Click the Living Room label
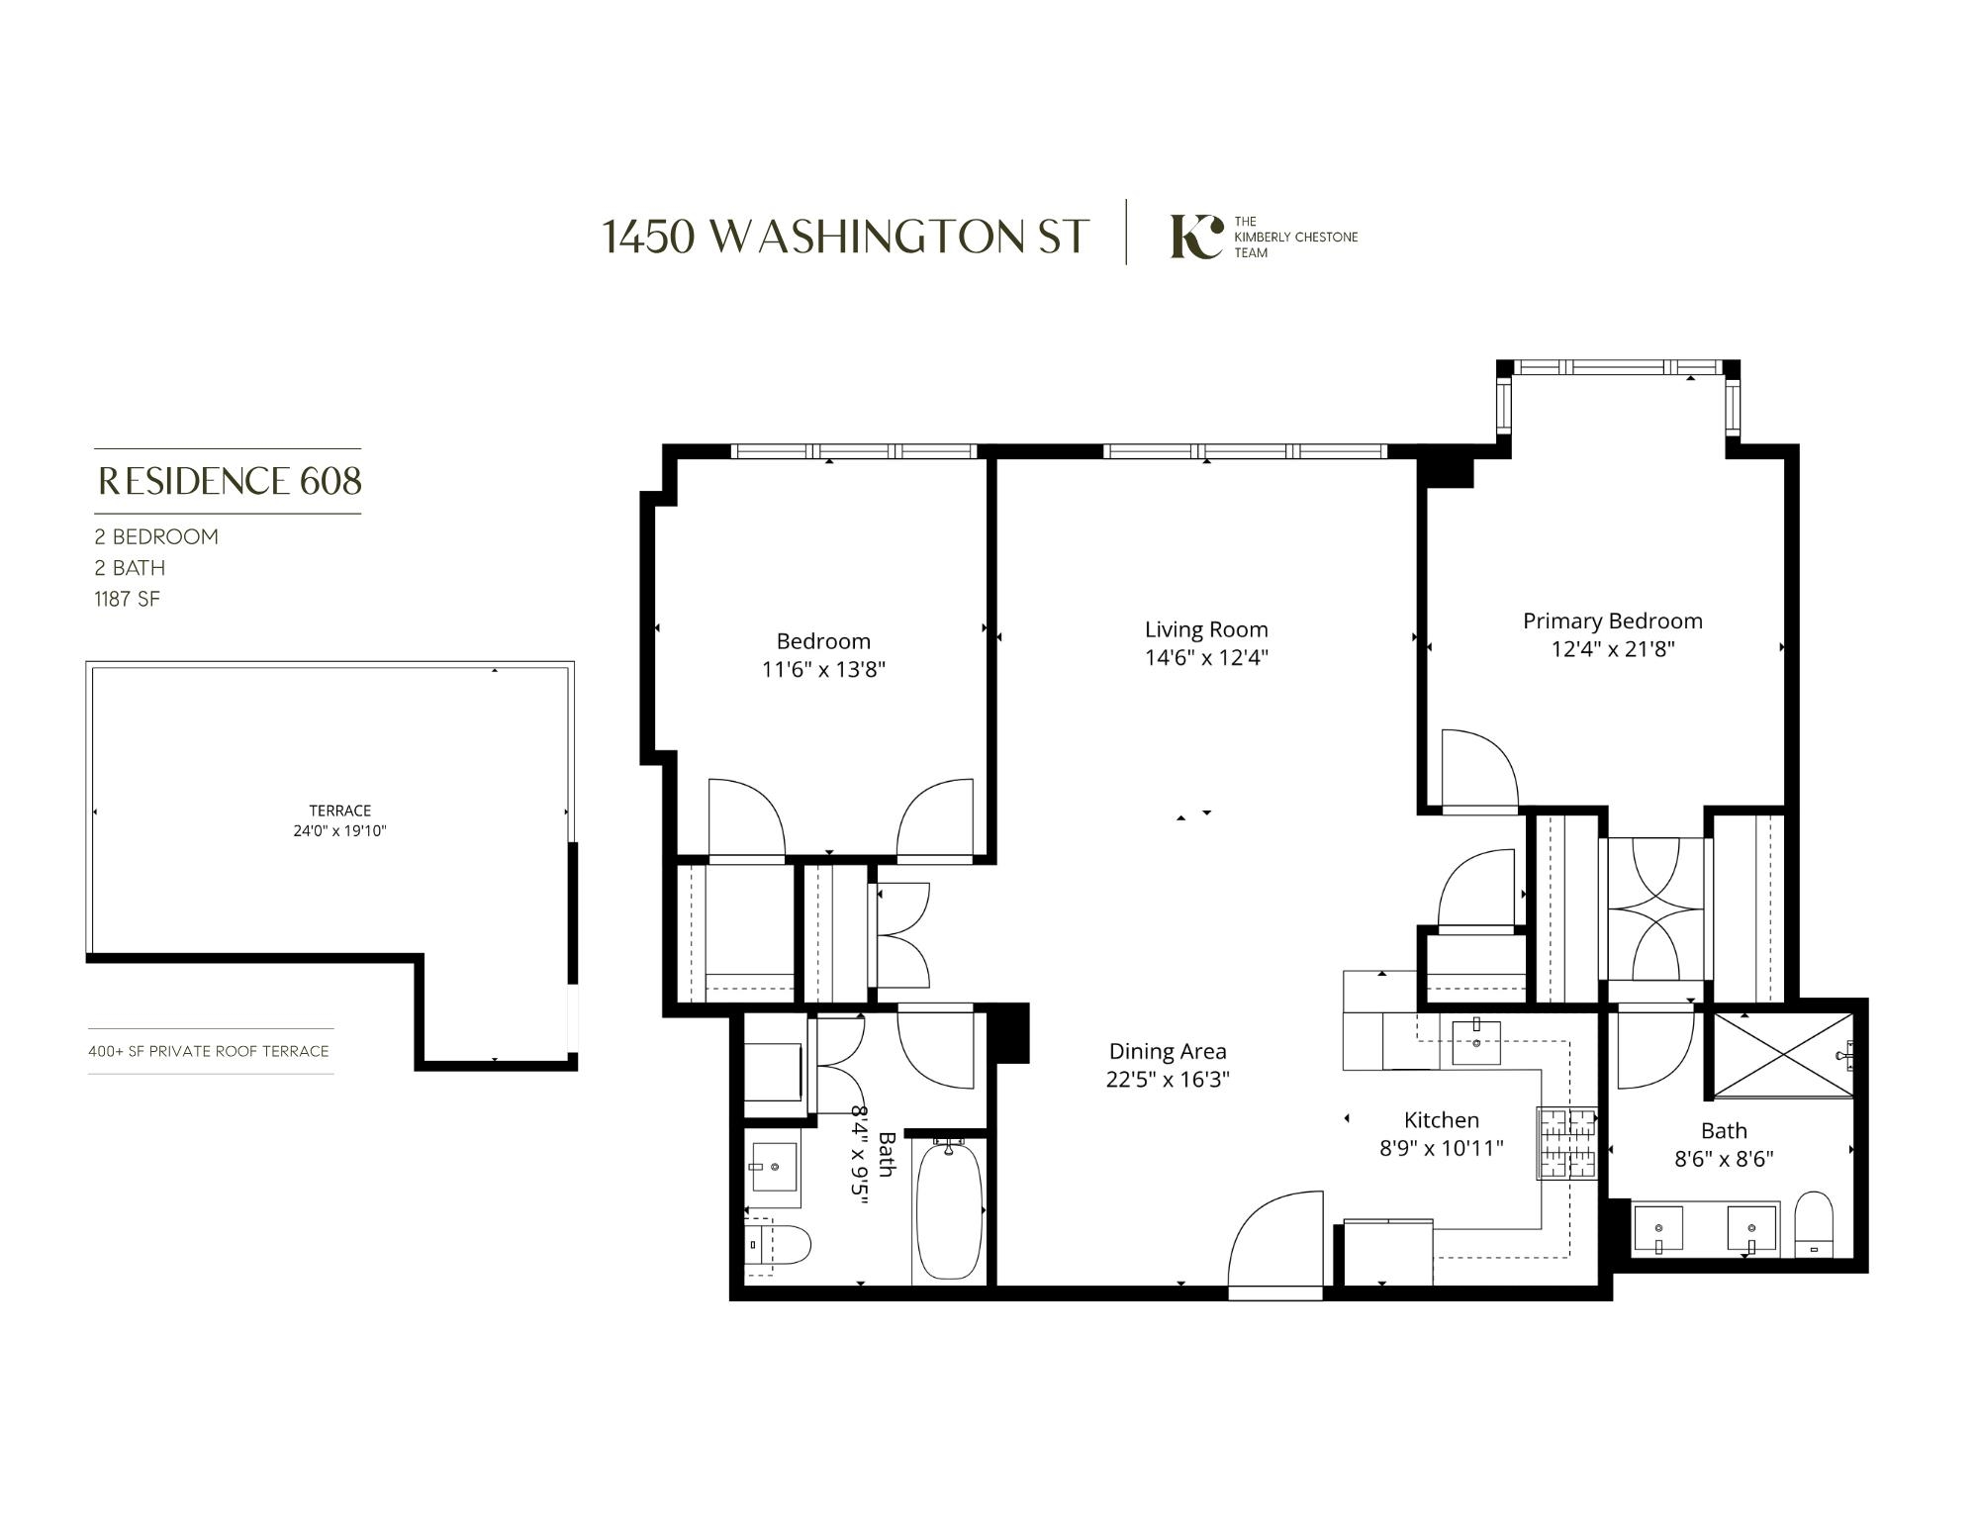(x=1206, y=629)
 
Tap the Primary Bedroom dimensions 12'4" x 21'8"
(x=1613, y=649)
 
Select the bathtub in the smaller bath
(x=949, y=1209)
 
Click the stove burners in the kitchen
(x=1566, y=1142)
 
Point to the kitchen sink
(x=1475, y=1042)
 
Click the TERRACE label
(x=339, y=811)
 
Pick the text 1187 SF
(x=127, y=599)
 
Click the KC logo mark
(x=1195, y=237)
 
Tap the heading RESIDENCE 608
(x=230, y=481)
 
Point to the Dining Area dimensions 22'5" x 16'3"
(x=1168, y=1079)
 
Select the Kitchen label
(x=1441, y=1120)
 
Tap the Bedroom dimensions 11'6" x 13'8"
(x=823, y=669)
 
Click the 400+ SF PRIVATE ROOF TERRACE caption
(x=209, y=1051)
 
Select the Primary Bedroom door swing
(x=1478, y=770)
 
